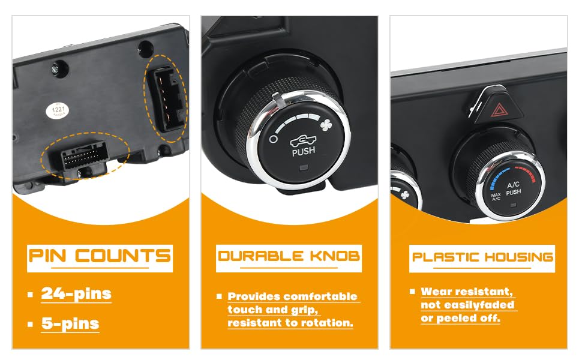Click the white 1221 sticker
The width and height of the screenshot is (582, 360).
coord(58,110)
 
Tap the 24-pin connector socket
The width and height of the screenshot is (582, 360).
coord(83,156)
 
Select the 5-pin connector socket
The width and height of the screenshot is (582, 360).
coord(166,99)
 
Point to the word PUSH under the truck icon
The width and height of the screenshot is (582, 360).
coord(304,151)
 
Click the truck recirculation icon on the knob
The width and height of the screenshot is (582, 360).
coord(303,140)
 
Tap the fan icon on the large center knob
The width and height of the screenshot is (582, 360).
coord(326,125)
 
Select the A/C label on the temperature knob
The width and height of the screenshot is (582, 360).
coord(514,184)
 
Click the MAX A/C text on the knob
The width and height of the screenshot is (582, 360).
coord(496,197)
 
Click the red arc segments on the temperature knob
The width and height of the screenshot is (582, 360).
coord(526,173)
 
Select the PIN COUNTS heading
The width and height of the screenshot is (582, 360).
coord(100,256)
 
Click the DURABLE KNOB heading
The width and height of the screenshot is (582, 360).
coord(289,256)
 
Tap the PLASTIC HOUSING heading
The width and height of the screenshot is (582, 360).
coord(482,257)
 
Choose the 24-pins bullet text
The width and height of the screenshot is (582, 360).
coord(76,293)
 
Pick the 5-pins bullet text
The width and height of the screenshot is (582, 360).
coord(70,323)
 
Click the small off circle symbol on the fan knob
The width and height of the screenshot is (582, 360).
coord(273,139)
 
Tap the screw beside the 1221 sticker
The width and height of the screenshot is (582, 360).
coord(55,69)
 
